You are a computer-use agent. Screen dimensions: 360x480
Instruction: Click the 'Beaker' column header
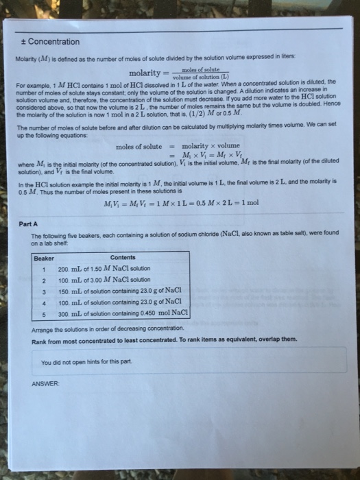coord(45,258)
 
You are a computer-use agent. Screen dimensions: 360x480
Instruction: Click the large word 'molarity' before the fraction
coord(145,73)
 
